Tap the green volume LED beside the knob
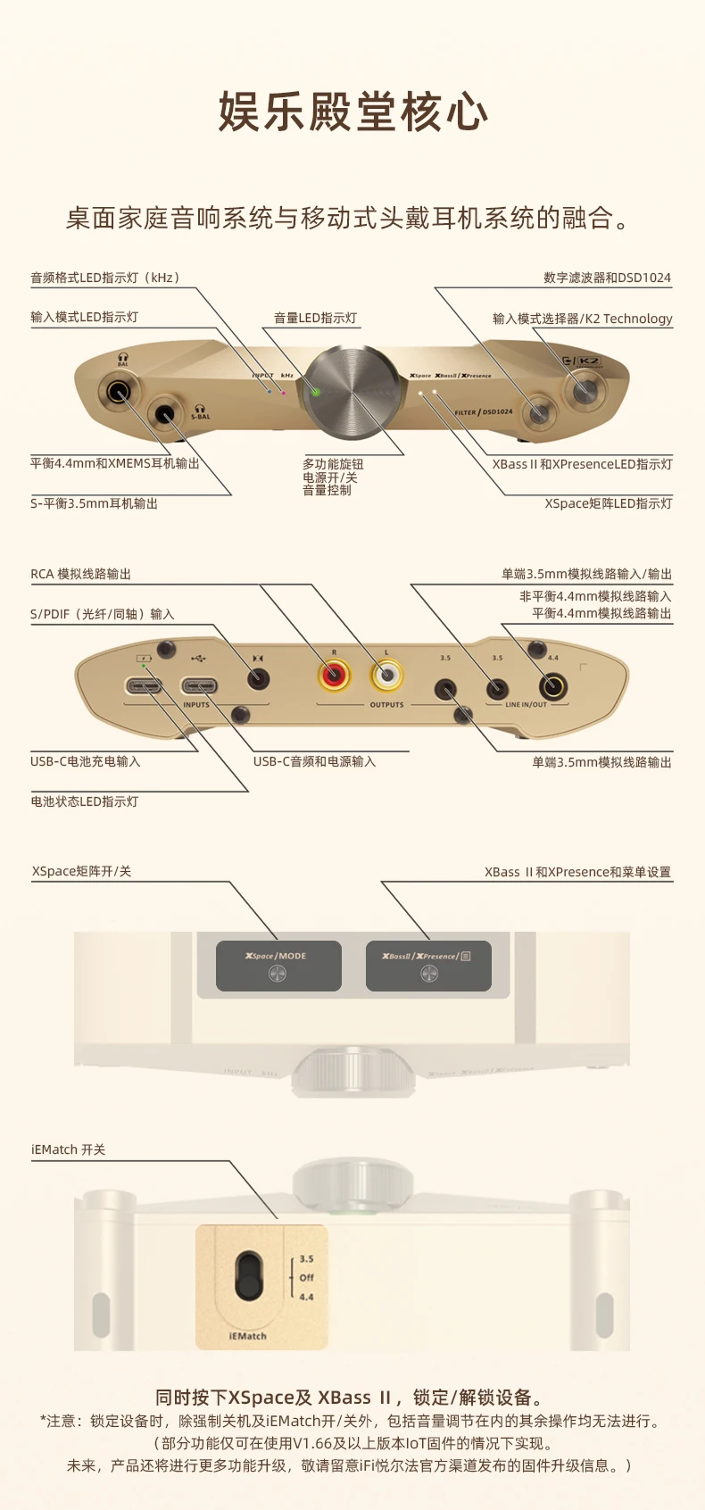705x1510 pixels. click(315, 391)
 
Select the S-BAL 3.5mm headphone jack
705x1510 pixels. click(167, 414)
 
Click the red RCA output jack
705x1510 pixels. click(334, 676)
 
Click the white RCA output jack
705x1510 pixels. click(386, 676)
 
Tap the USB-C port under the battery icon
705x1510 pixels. click(145, 686)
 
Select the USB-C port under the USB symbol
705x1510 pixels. click(199, 686)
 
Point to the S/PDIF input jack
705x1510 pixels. click(258, 679)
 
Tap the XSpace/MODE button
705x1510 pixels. click(278, 966)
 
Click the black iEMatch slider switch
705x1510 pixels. click(249, 1277)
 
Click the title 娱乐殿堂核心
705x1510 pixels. click(353, 112)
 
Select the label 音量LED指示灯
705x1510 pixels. click(315, 318)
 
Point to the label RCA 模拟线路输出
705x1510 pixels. click(80, 574)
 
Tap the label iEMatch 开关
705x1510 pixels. click(68, 1149)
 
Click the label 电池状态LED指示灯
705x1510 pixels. click(84, 801)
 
